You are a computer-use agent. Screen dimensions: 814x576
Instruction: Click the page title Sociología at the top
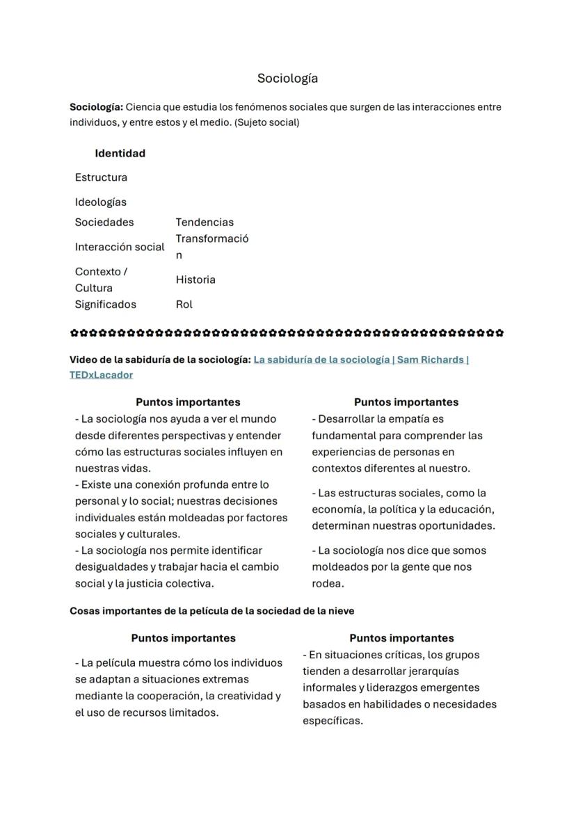[287, 78]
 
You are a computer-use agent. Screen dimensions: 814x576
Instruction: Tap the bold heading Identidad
[120, 153]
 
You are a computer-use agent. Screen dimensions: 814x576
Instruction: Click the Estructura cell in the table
[101, 177]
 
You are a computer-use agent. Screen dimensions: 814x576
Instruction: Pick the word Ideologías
[100, 202]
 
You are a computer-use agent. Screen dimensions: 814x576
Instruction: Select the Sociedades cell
[104, 222]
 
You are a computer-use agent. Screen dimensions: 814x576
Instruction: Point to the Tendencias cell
[205, 222]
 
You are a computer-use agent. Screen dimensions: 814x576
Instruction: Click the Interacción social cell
[120, 247]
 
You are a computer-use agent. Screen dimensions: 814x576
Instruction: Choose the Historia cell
[195, 279]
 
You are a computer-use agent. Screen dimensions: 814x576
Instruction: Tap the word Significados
[105, 304]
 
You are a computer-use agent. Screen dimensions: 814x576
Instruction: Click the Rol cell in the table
[184, 304]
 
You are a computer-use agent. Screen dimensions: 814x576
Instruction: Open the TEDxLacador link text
[101, 375]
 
